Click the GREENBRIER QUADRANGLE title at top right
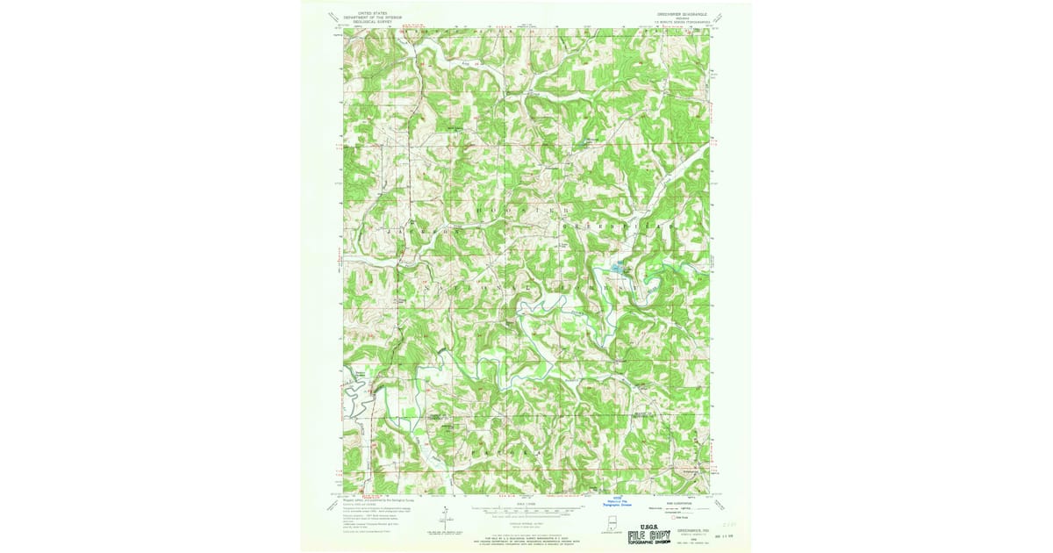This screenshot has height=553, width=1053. [683, 13]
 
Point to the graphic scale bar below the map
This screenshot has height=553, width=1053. [526, 508]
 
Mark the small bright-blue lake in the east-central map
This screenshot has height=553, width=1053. [616, 268]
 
